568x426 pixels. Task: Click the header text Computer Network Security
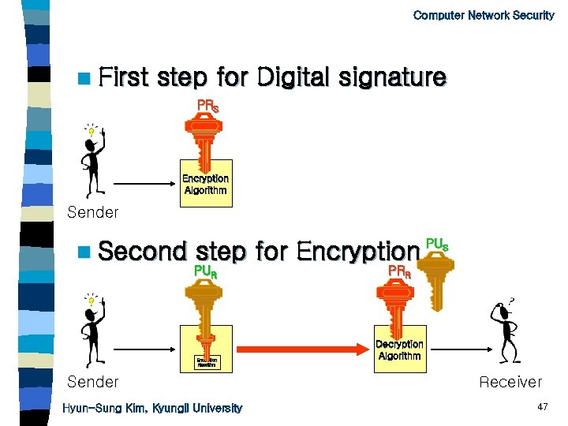click(483, 15)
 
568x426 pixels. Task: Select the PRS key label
click(208, 105)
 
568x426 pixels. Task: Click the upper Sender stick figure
click(93, 158)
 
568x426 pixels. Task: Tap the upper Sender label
click(93, 212)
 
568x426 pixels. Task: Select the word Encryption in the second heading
click(357, 252)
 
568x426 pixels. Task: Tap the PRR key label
click(398, 272)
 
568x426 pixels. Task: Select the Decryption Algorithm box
click(399, 349)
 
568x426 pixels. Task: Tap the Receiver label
click(510, 383)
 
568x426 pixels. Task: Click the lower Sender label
click(93, 383)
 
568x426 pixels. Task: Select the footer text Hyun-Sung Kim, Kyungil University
click(152, 408)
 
